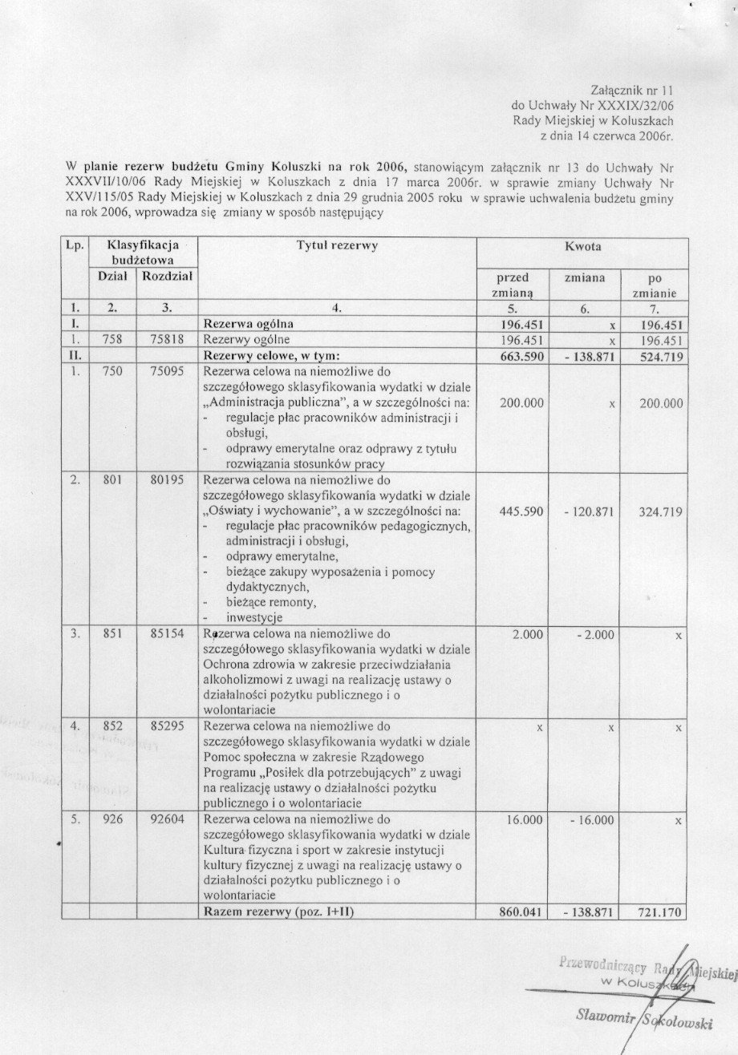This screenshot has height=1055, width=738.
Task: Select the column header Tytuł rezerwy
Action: click(336, 246)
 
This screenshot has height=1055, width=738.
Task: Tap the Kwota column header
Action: click(582, 247)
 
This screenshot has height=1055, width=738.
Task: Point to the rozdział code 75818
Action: click(167, 340)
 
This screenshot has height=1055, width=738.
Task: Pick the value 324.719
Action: click(660, 511)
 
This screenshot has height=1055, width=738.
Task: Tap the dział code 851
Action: click(112, 633)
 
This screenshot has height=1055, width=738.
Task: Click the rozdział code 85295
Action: click(167, 726)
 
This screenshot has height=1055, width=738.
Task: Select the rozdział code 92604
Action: click(167, 820)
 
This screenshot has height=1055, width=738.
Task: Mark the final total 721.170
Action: click(660, 912)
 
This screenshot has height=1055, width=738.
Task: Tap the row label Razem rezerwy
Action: click(278, 912)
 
